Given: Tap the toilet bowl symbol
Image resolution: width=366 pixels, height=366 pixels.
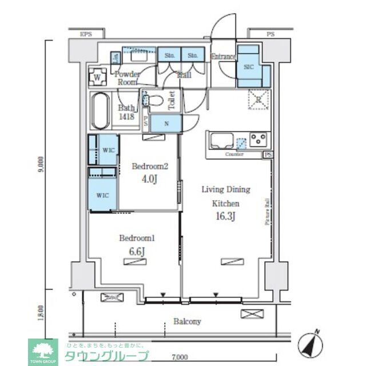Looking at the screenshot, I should [x=156, y=100].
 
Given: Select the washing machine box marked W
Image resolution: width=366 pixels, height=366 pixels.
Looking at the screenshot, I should [x=98, y=77].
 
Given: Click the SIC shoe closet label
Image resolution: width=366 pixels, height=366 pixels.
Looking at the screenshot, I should [x=249, y=66].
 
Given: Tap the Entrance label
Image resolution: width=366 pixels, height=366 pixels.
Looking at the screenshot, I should [x=223, y=56].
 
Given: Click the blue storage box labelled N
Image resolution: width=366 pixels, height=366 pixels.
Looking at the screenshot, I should [x=166, y=124].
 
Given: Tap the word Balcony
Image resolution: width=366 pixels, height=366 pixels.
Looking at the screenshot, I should [x=188, y=321].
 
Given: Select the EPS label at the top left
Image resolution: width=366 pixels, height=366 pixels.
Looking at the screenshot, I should [x=86, y=35].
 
